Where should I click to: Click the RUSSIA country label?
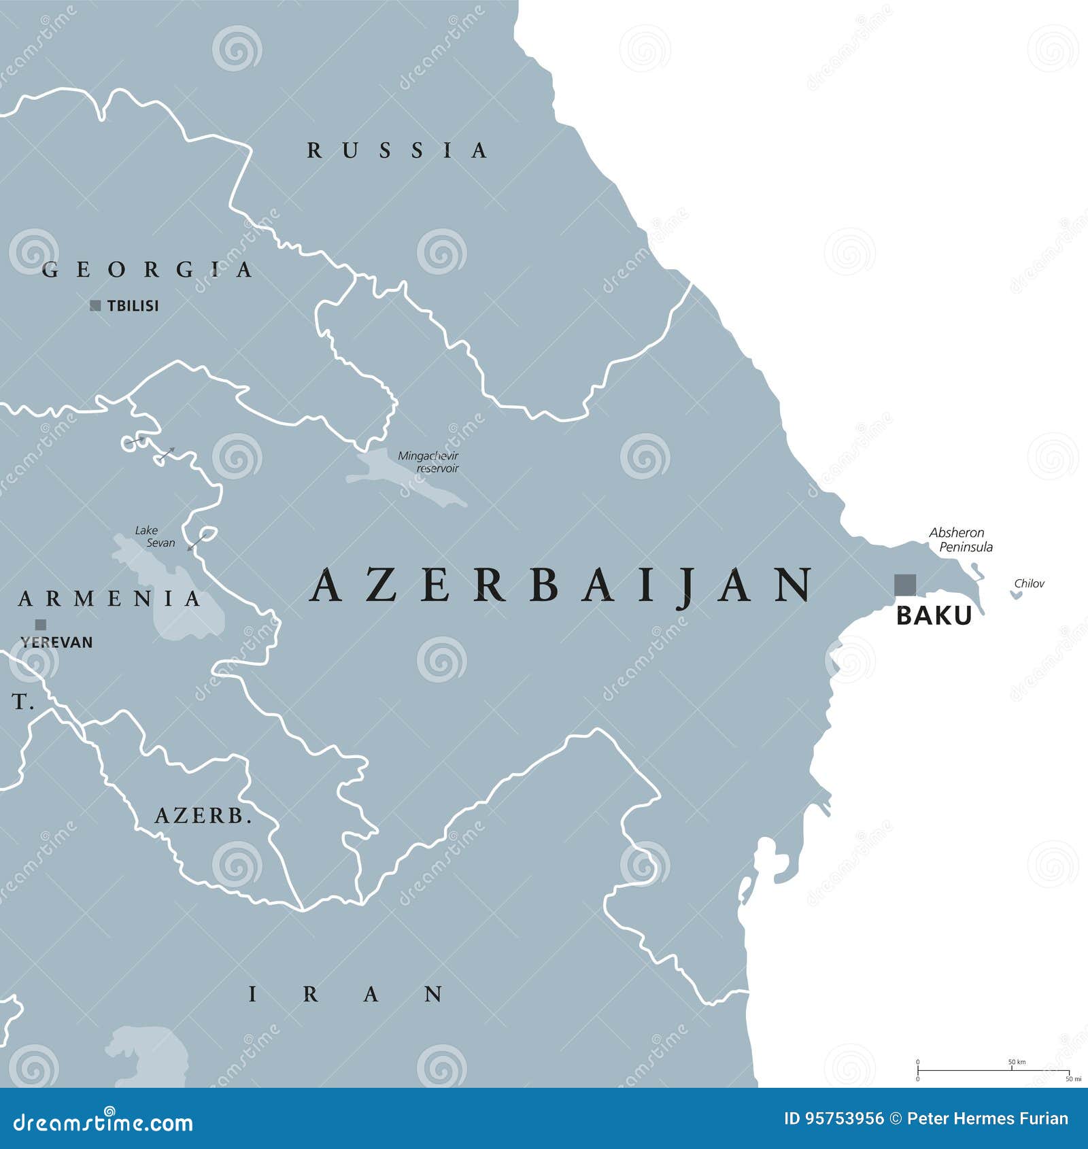[x=397, y=150]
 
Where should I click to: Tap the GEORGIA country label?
[x=147, y=270]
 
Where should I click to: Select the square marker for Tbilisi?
[x=95, y=306]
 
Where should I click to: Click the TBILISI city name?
[x=133, y=306]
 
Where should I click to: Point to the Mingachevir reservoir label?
[x=428, y=462]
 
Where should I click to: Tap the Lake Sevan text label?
[x=155, y=536]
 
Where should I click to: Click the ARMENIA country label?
[x=110, y=599]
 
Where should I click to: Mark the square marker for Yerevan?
[x=41, y=624]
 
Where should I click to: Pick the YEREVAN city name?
[x=56, y=642]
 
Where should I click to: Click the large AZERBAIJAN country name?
[x=562, y=585]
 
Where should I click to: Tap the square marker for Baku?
[x=904, y=585]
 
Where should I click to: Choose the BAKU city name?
[x=934, y=615]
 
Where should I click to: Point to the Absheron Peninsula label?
[x=960, y=540]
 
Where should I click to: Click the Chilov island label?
[x=1029, y=583]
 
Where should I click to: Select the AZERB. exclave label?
[x=203, y=816]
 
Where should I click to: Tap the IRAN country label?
[x=346, y=995]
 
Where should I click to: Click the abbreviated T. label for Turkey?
[x=22, y=702]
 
